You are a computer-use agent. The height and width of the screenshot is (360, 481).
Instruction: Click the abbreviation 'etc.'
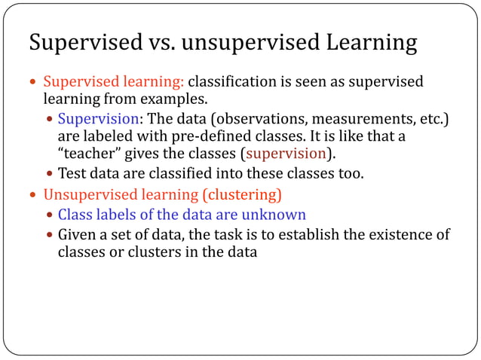(427, 119)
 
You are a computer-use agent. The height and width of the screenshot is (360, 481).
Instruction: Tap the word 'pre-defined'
(215, 136)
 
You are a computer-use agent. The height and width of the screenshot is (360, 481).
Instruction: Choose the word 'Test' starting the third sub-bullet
(72, 174)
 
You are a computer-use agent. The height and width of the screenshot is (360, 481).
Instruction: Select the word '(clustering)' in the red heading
(240, 195)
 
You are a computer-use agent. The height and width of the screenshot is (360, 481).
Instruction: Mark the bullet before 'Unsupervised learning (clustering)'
(33, 195)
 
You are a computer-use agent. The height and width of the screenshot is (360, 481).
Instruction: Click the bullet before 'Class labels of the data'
(50, 215)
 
